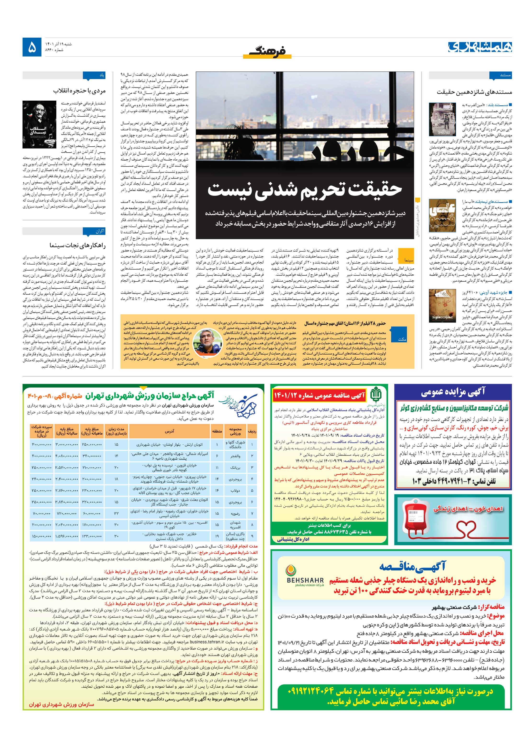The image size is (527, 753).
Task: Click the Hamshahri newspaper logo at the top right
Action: (x=480, y=47)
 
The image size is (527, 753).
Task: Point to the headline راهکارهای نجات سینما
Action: (x=77, y=245)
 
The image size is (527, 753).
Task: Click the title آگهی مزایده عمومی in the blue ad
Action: (x=453, y=392)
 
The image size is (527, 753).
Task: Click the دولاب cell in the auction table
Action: (x=235, y=491)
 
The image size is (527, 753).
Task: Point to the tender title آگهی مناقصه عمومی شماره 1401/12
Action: (x=319, y=396)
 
